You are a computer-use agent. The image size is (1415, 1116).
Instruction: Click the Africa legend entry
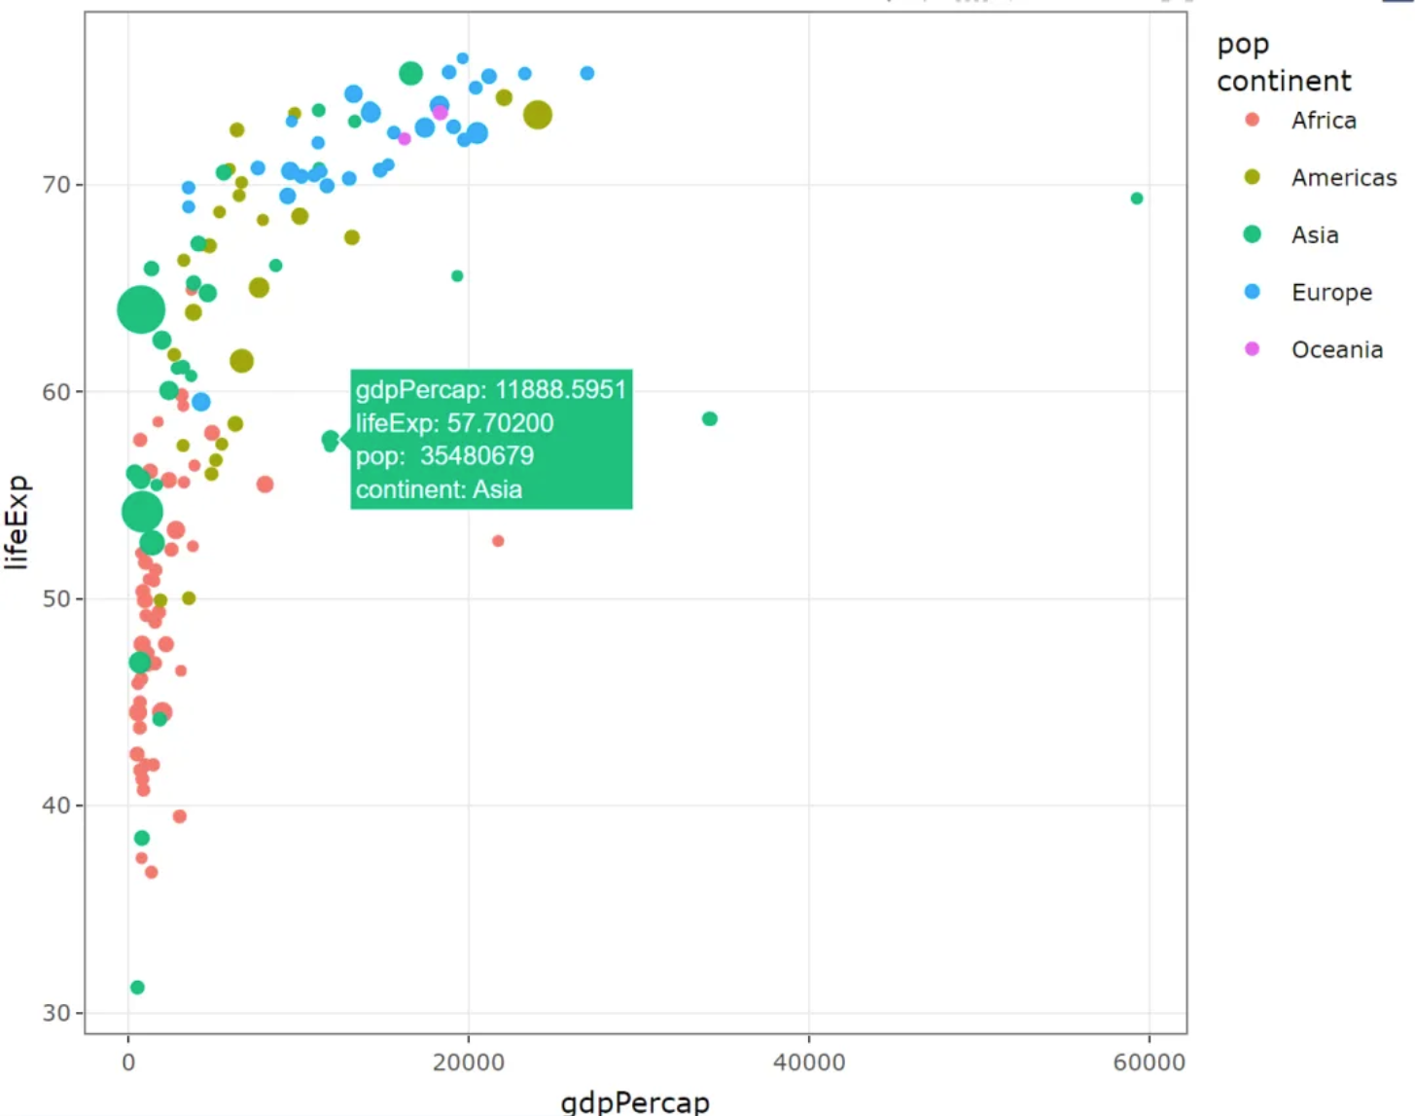tap(1323, 121)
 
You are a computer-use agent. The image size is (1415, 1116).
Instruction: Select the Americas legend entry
tap(1343, 178)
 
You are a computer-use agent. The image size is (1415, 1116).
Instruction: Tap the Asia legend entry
tap(1314, 235)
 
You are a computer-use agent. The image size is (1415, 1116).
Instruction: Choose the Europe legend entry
tap(1330, 293)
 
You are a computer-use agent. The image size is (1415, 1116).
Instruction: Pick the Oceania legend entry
tap(1336, 350)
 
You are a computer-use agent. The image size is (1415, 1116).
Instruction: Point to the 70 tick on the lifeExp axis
tap(56, 185)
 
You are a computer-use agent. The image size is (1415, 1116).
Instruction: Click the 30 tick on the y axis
tap(56, 1013)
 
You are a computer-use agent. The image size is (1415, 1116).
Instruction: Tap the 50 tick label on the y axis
tap(56, 599)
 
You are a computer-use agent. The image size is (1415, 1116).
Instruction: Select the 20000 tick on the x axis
tap(468, 1062)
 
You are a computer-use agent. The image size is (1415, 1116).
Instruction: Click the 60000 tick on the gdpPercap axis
tap(1149, 1062)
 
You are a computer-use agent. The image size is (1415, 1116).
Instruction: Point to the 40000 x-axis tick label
tap(808, 1062)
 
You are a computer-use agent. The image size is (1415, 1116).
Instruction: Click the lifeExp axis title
tap(18, 522)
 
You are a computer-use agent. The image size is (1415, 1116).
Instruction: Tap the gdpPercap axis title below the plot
tap(635, 1102)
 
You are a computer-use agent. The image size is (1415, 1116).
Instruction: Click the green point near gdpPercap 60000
tap(1137, 198)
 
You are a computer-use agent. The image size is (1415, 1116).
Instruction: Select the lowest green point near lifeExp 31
tap(137, 988)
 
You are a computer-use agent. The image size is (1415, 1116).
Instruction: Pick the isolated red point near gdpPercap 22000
tap(498, 541)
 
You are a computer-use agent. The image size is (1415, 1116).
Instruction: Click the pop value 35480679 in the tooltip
tap(477, 456)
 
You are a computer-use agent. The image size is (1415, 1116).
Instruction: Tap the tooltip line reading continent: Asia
tap(439, 489)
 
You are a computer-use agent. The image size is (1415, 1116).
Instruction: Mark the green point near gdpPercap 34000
tap(710, 419)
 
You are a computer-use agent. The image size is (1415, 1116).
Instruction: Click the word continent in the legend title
tap(1284, 81)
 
